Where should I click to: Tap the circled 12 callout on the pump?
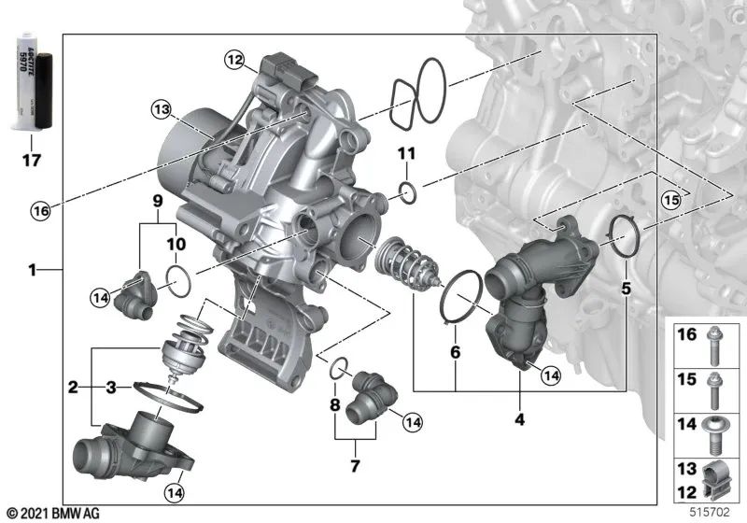234,61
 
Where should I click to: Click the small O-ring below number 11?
406,192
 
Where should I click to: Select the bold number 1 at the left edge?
34,271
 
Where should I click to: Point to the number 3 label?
110,385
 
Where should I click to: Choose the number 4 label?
519,418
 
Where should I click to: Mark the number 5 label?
626,290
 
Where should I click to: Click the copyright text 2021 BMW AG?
54,513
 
